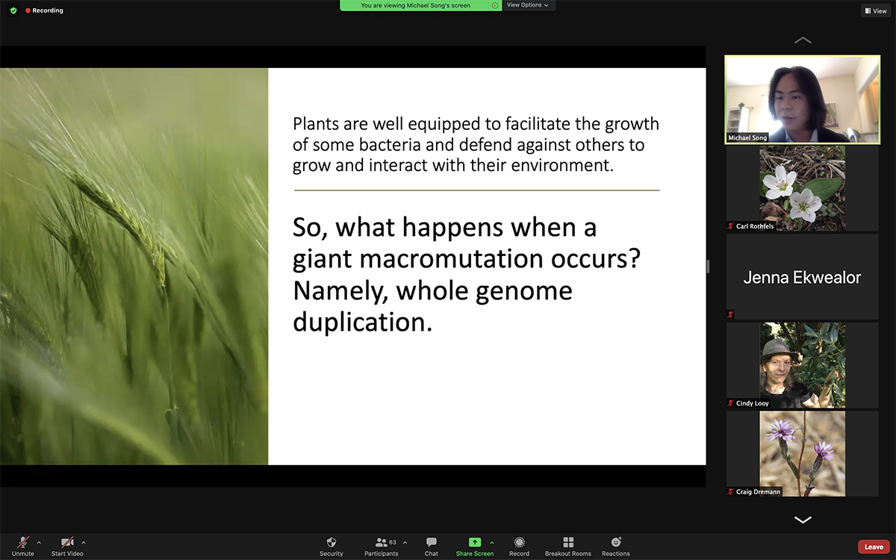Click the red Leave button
pyautogui.click(x=874, y=547)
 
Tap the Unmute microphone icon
pyautogui.click(x=23, y=542)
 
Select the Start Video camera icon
pyautogui.click(x=66, y=542)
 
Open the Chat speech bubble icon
pyautogui.click(x=432, y=542)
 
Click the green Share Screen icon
pyautogui.click(x=474, y=542)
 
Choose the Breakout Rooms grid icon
pyautogui.click(x=568, y=542)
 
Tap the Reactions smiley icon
pyautogui.click(x=616, y=542)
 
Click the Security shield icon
pyautogui.click(x=332, y=542)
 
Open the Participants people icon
pyautogui.click(x=381, y=542)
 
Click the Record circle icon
pyautogui.click(x=519, y=542)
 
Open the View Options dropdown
pyautogui.click(x=528, y=5)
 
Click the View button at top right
pyautogui.click(x=876, y=10)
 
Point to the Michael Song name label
pyautogui.click(x=747, y=137)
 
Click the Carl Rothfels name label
pyautogui.click(x=755, y=226)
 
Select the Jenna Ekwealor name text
pyautogui.click(x=802, y=277)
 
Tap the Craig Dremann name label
pyautogui.click(x=758, y=491)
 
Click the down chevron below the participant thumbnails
pyautogui.click(x=803, y=520)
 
